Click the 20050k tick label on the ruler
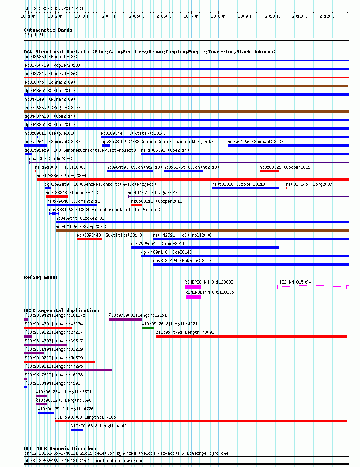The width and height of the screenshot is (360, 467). pyautogui.click(x=136, y=16)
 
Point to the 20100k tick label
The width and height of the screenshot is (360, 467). pyautogui.click(x=272, y=16)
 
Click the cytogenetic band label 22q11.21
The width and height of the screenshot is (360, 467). pyautogui.click(x=34, y=35)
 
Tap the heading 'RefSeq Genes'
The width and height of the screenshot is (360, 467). pyautogui.click(x=41, y=277)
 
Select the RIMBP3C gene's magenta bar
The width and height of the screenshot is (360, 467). pyautogui.click(x=193, y=287)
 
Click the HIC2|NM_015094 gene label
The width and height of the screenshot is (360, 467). pyautogui.click(x=294, y=282)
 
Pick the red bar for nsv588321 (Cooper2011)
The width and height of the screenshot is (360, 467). pyautogui.click(x=269, y=171)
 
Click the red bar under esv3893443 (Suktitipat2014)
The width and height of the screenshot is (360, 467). pyautogui.click(x=89, y=239)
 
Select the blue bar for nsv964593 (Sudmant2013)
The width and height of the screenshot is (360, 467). pyautogui.click(x=130, y=171)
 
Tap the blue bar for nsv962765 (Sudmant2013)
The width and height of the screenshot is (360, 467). pyautogui.click(x=184, y=171)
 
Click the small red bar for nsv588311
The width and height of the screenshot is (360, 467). pyautogui.click(x=137, y=205)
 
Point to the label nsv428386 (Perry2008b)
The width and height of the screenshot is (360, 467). pyautogui.click(x=63, y=176)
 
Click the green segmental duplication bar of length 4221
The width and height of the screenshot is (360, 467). pyautogui.click(x=148, y=328)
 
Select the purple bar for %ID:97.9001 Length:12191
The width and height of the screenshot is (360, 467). pyautogui.click(x=126, y=319)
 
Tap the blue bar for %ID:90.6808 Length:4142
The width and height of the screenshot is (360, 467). pyautogui.click(x=77, y=430)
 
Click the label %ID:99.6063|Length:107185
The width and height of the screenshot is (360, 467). pyautogui.click(x=85, y=417)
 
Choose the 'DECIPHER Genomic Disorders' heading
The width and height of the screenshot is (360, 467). pyautogui.click(x=61, y=448)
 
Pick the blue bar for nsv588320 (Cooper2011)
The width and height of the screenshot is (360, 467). pyautogui.click(x=246, y=188)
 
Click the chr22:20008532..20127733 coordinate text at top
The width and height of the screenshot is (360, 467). pyautogui.click(x=54, y=8)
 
